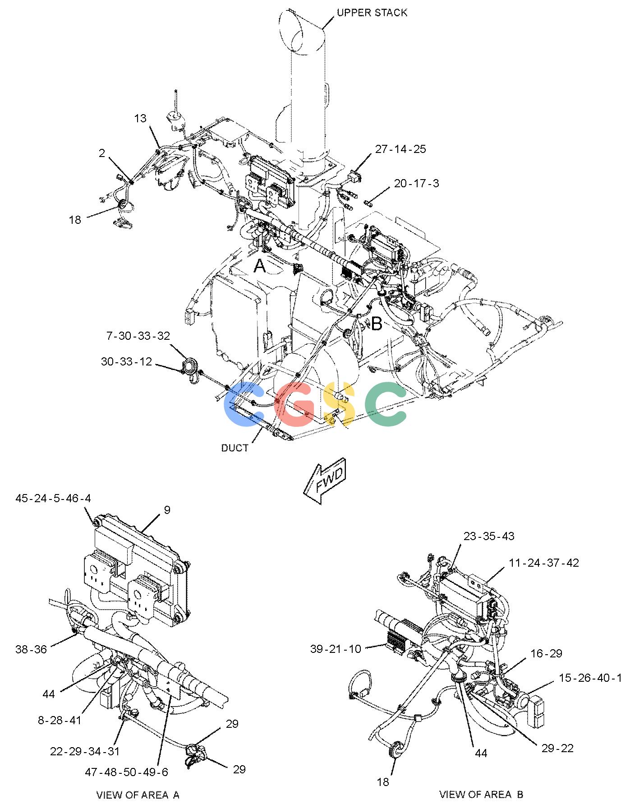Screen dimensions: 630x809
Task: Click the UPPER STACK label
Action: click(x=372, y=13)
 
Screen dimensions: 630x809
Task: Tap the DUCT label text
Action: click(x=235, y=448)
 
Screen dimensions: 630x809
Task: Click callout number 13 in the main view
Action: click(x=140, y=118)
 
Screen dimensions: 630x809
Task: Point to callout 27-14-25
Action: click(x=400, y=149)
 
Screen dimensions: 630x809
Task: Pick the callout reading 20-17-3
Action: click(x=416, y=184)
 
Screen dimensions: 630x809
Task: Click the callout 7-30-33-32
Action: click(x=138, y=336)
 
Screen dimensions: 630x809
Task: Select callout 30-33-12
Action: click(x=126, y=361)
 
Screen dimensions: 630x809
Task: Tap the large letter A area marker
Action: click(x=260, y=266)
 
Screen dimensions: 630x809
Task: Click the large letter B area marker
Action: click(x=376, y=324)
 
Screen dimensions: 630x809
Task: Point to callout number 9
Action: click(x=167, y=510)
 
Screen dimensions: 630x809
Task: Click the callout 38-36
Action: click(x=31, y=650)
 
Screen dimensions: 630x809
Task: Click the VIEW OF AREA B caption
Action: click(x=481, y=795)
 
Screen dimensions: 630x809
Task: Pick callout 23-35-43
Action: click(x=489, y=536)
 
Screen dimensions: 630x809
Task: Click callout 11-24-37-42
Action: click(x=544, y=563)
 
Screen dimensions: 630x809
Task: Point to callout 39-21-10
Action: click(x=336, y=649)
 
